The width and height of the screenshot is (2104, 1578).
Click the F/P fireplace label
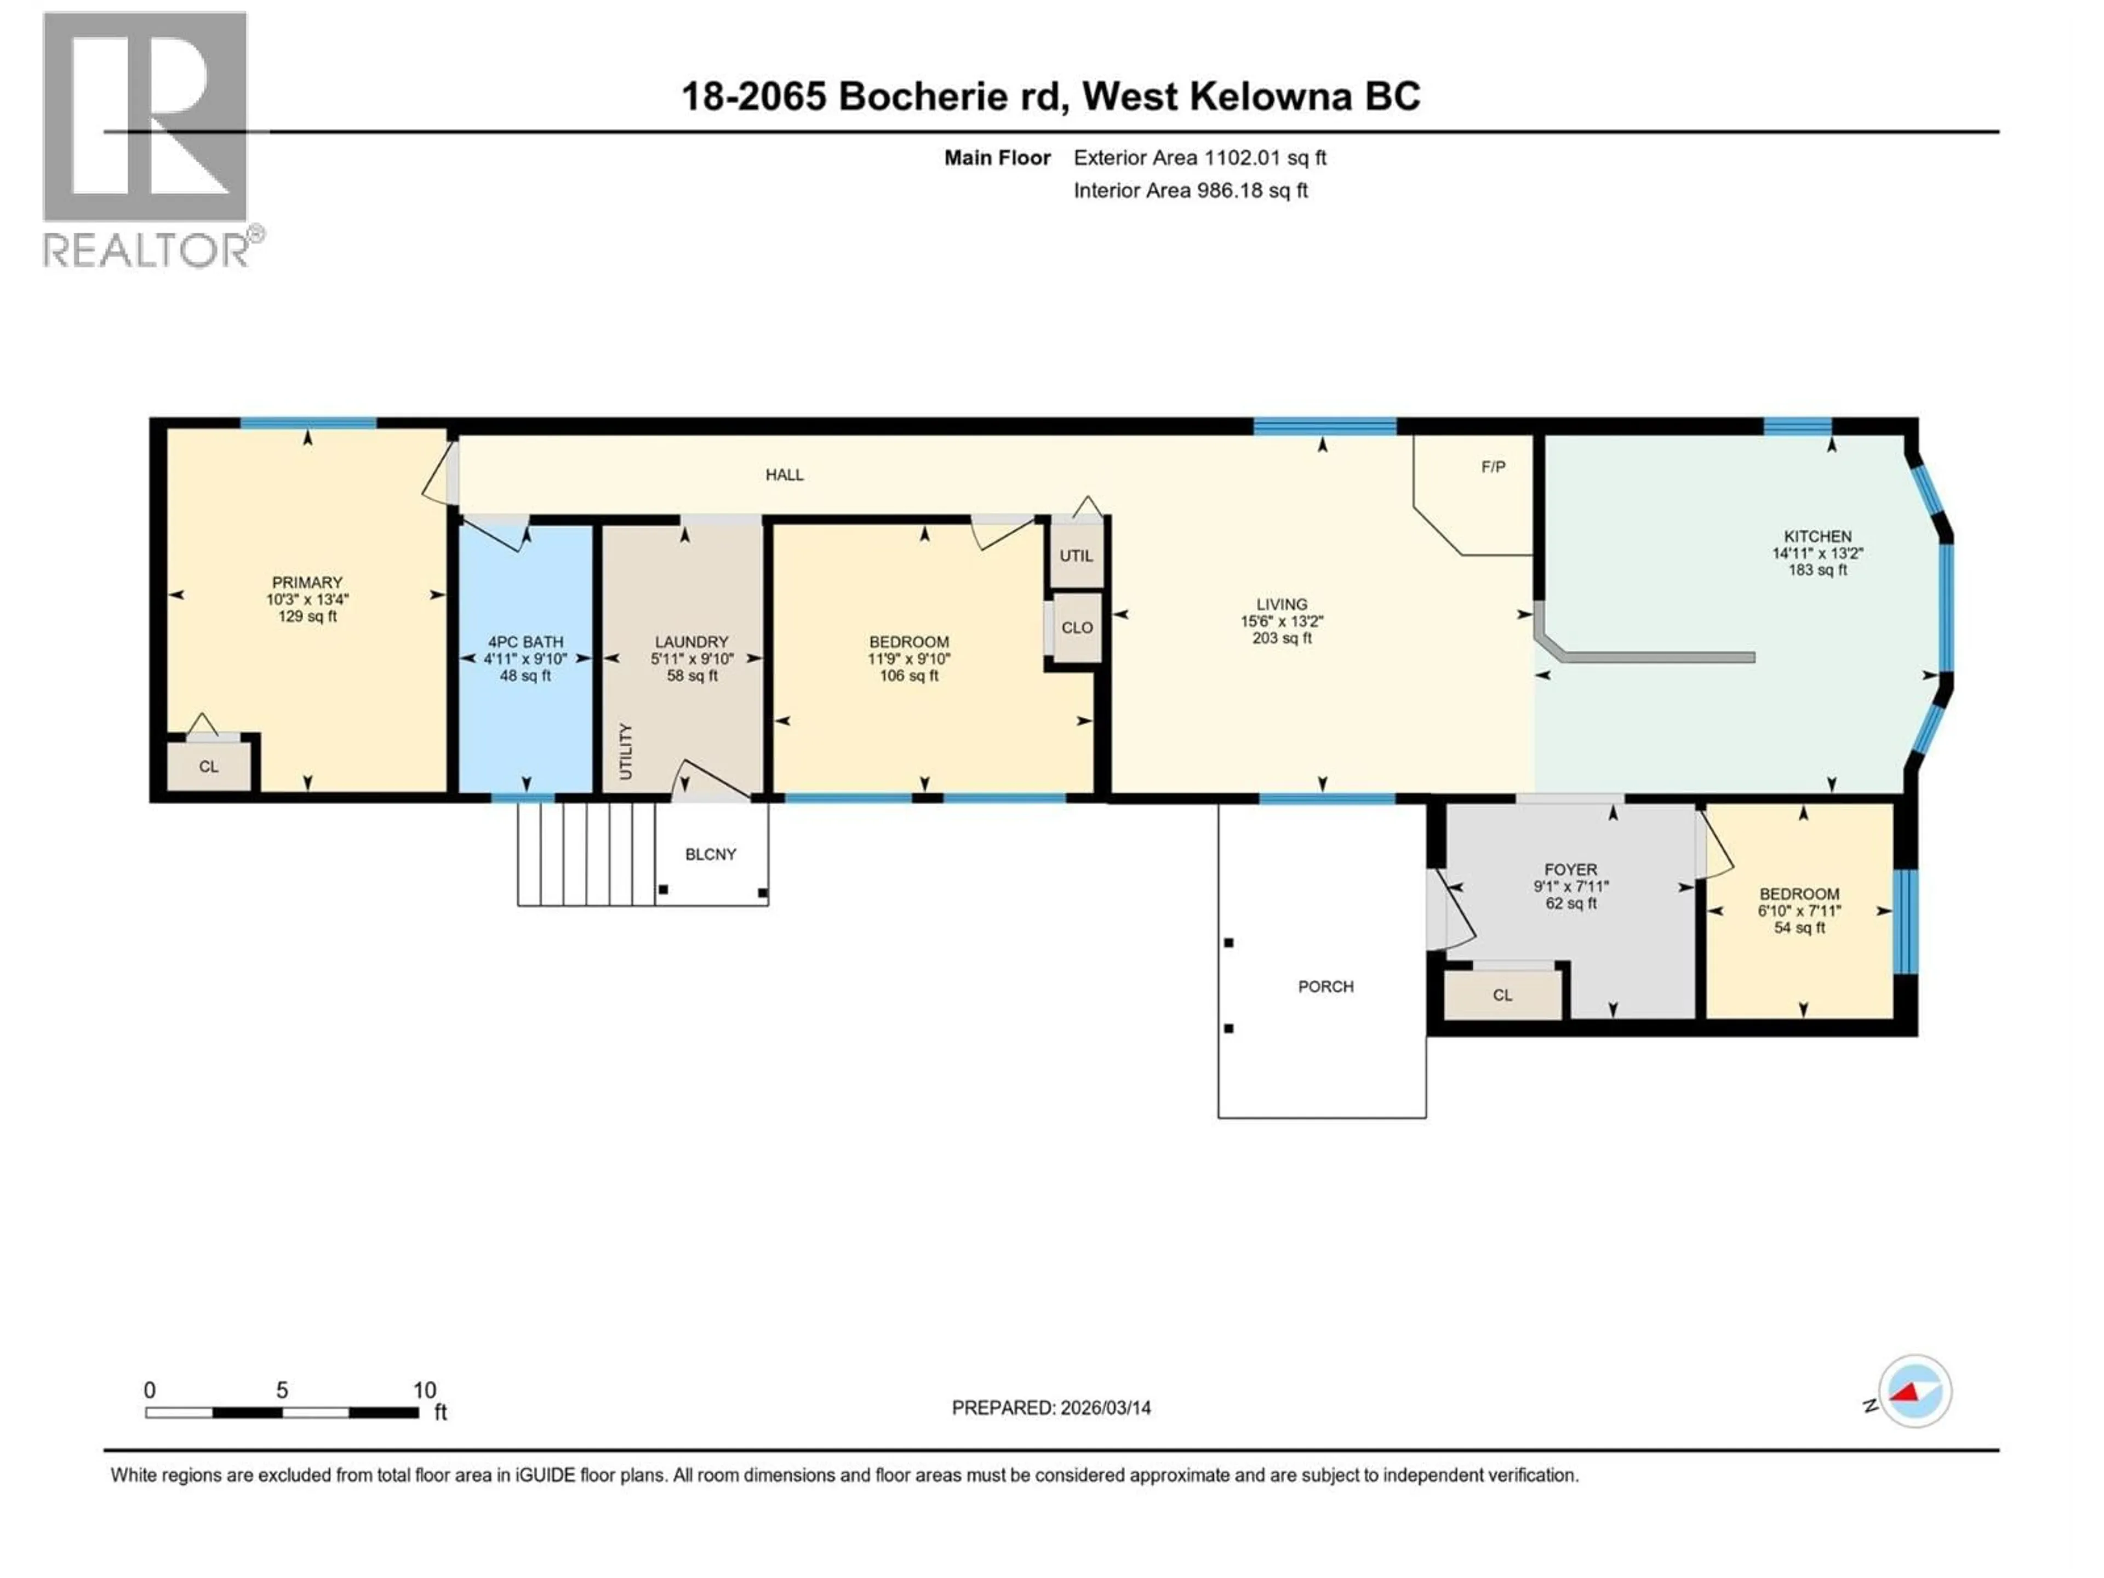click(x=1493, y=467)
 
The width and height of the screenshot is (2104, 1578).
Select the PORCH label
click(x=1325, y=986)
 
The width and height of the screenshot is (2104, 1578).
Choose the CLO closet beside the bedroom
click(x=1077, y=628)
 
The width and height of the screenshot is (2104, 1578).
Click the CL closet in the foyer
click(x=1502, y=995)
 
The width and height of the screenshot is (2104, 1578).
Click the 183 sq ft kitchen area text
click(x=1817, y=570)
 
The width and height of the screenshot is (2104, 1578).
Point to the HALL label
click(x=785, y=474)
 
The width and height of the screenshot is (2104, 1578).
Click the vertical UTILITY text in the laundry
click(x=625, y=751)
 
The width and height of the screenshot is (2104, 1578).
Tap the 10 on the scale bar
click(x=424, y=1390)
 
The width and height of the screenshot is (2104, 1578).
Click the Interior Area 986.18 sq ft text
click(x=1190, y=190)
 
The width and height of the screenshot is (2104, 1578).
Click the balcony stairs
click(x=586, y=853)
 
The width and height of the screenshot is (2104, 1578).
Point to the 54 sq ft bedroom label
click(x=1799, y=928)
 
